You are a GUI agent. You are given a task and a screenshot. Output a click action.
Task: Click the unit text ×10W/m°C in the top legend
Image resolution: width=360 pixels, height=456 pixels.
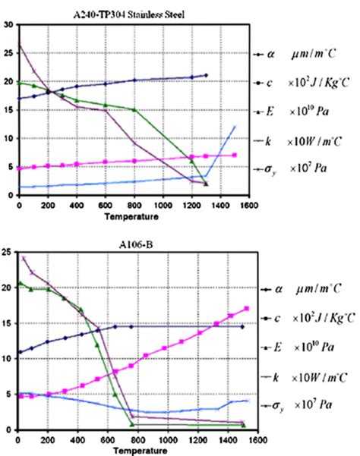coord(317,141)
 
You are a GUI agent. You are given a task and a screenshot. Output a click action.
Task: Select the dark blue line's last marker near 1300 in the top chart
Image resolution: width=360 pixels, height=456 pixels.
coord(206,75)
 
